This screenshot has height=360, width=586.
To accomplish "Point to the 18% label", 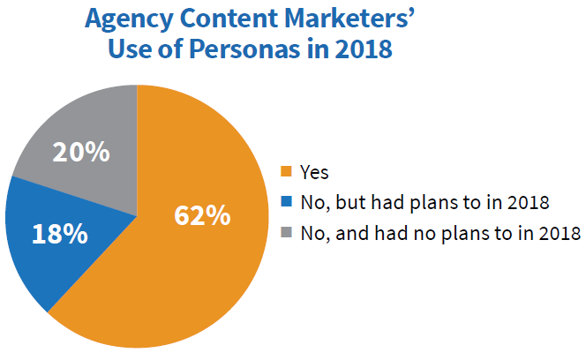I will (60, 234).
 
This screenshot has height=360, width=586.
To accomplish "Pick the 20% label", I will (81, 152).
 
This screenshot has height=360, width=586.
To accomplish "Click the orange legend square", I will (285, 171).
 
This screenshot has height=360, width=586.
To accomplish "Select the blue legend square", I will (285, 202).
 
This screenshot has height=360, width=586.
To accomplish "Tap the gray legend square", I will (285, 233).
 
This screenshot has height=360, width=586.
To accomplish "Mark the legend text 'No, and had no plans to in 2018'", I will (439, 233).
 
